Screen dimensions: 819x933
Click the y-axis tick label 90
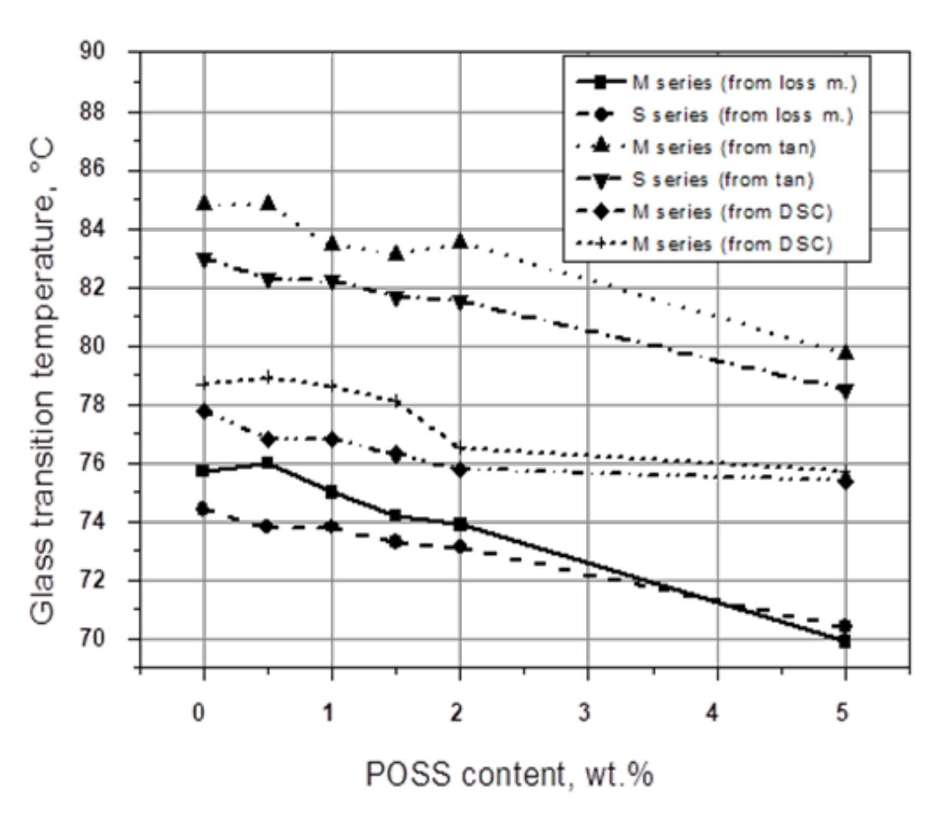[x=92, y=51]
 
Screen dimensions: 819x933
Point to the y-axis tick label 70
[x=92, y=639]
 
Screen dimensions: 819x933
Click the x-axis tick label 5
[x=843, y=712]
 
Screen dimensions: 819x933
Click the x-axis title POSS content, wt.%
[x=509, y=773]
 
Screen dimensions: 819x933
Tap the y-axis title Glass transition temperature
[x=43, y=382]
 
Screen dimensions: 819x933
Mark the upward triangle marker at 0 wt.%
[x=204, y=203]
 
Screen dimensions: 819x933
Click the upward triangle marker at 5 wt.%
[x=845, y=353]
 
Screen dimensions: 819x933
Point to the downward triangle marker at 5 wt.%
[x=845, y=391]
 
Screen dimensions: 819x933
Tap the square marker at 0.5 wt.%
[x=267, y=463]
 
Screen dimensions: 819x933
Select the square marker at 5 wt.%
[x=845, y=641]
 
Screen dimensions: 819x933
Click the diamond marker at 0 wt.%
[x=204, y=411]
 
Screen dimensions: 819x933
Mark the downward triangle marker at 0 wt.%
[x=204, y=259]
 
